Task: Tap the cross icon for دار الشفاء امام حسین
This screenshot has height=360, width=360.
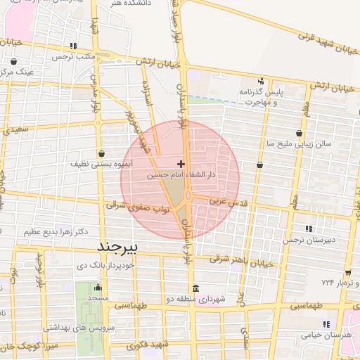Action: click(181, 163)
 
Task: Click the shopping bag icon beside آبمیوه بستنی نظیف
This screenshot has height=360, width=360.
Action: click(102, 153)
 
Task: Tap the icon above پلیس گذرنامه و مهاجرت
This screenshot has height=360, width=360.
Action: click(261, 81)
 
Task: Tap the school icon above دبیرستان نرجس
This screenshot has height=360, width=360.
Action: click(309, 229)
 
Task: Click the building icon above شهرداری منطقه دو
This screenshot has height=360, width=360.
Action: click(195, 289)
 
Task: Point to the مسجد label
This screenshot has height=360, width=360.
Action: click(97, 299)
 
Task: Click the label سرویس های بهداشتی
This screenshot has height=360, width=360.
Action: click(75, 328)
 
